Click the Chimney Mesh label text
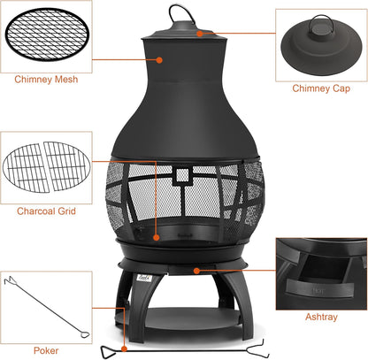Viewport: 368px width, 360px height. (45, 80)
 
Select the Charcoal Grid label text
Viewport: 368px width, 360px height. (45, 211)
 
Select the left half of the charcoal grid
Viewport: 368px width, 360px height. (27, 167)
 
